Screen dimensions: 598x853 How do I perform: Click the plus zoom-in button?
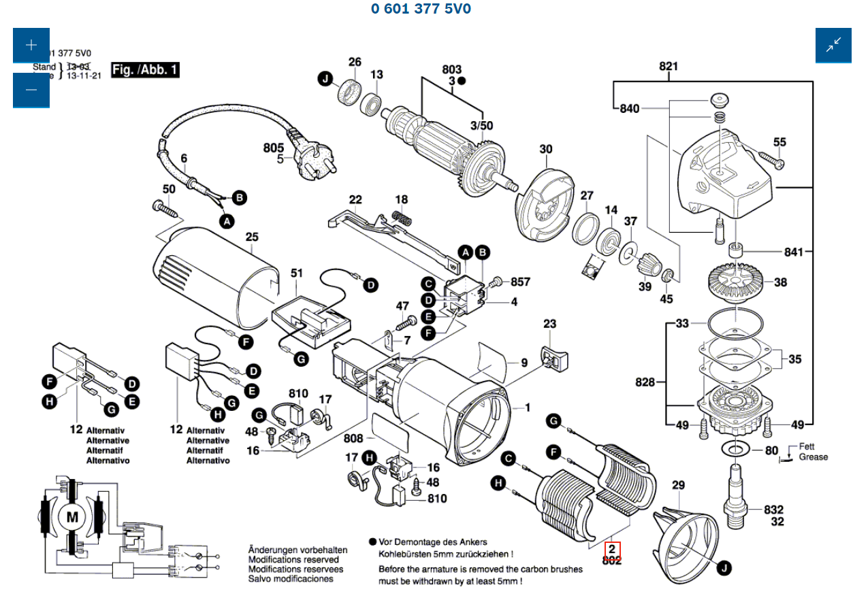tap(31, 46)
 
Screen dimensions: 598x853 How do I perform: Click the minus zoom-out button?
tap(31, 90)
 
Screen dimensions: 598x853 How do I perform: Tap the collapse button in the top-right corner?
tap(833, 46)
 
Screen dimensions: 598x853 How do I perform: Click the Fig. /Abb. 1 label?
tap(145, 69)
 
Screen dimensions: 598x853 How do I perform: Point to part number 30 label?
tap(546, 150)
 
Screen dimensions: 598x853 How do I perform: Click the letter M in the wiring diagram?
tap(71, 517)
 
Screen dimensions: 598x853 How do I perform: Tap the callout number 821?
tap(669, 67)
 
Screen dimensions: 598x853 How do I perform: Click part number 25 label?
tap(252, 237)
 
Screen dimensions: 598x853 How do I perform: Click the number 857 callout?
tap(520, 282)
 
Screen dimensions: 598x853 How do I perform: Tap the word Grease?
tap(813, 457)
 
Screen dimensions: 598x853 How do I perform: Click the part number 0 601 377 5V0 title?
tap(421, 9)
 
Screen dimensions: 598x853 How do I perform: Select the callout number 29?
tap(678, 485)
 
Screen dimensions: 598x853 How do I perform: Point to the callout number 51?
tap(297, 273)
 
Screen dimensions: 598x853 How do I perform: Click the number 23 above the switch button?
tap(549, 325)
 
